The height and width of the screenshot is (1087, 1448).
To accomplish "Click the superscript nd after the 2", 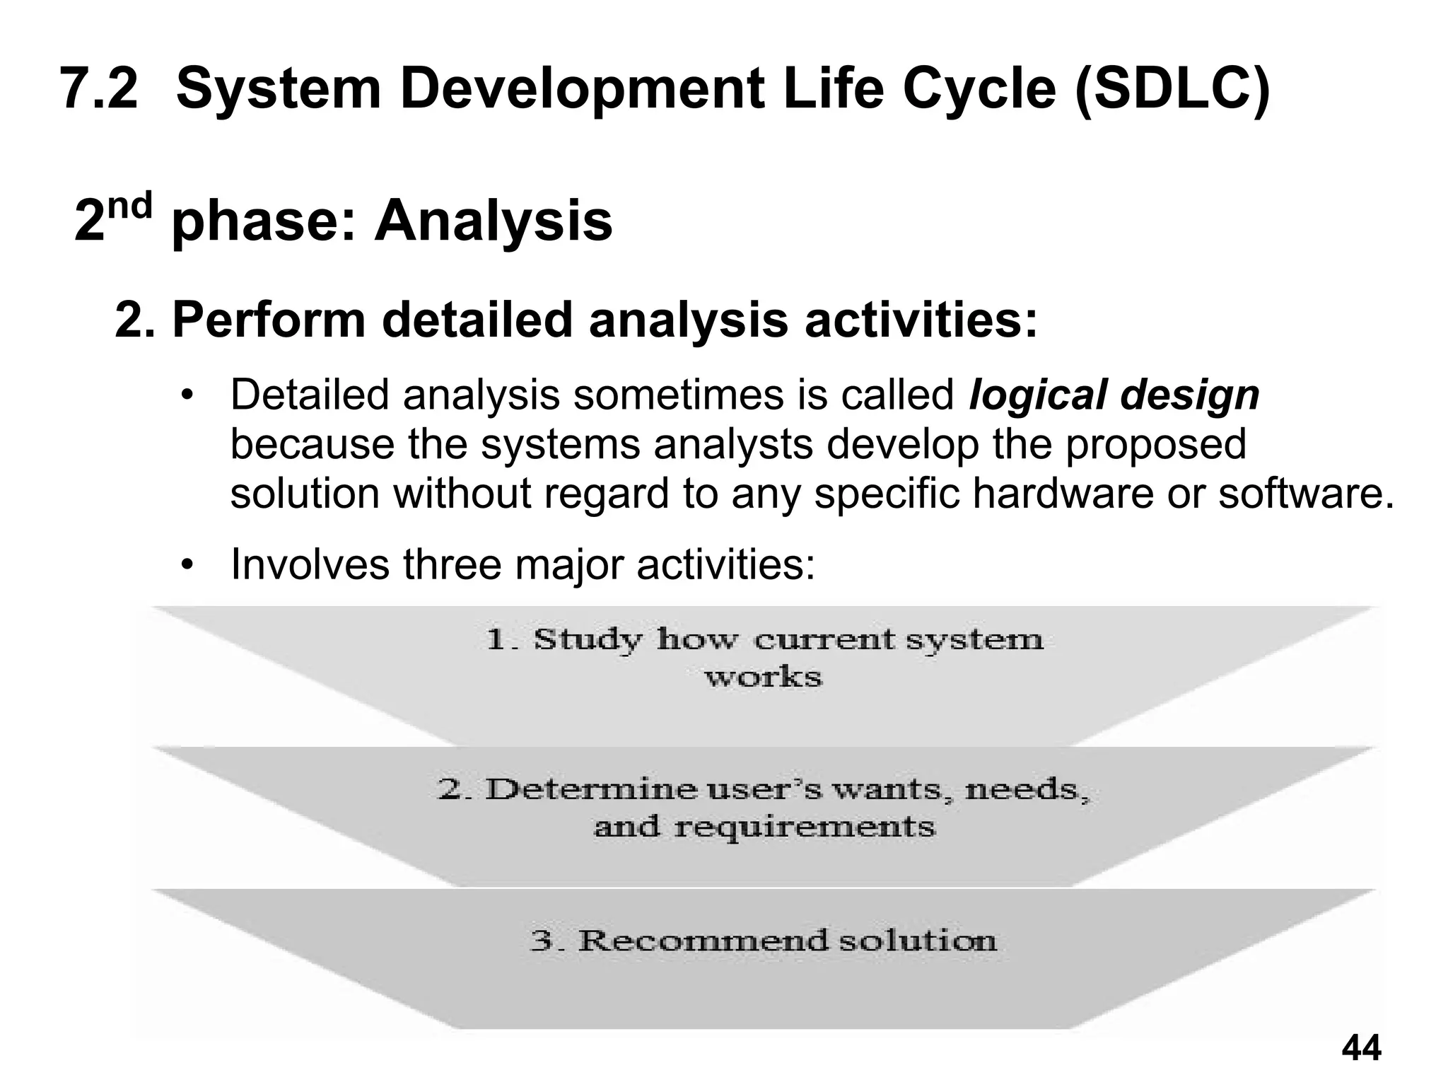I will pyautogui.click(x=130, y=206).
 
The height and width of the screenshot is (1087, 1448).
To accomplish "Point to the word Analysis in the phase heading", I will pyautogui.click(x=493, y=221).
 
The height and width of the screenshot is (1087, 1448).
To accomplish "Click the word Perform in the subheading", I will pyautogui.click(x=269, y=320).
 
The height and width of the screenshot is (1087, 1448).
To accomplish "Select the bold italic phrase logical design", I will pyautogui.click(x=1114, y=395).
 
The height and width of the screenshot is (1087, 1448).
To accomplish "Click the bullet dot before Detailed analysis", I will pyautogui.click(x=186, y=395).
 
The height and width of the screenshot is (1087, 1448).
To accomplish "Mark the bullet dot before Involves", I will pyautogui.click(x=186, y=565).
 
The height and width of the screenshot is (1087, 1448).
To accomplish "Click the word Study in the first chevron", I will pyautogui.click(x=588, y=639).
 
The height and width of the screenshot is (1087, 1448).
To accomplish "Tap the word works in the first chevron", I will pyautogui.click(x=763, y=678).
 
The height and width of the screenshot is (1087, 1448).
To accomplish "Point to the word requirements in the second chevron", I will pyautogui.click(x=804, y=826).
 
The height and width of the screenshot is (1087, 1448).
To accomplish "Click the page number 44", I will pyautogui.click(x=1360, y=1047).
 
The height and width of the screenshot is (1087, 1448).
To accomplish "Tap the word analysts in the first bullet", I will pyautogui.click(x=732, y=444).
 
